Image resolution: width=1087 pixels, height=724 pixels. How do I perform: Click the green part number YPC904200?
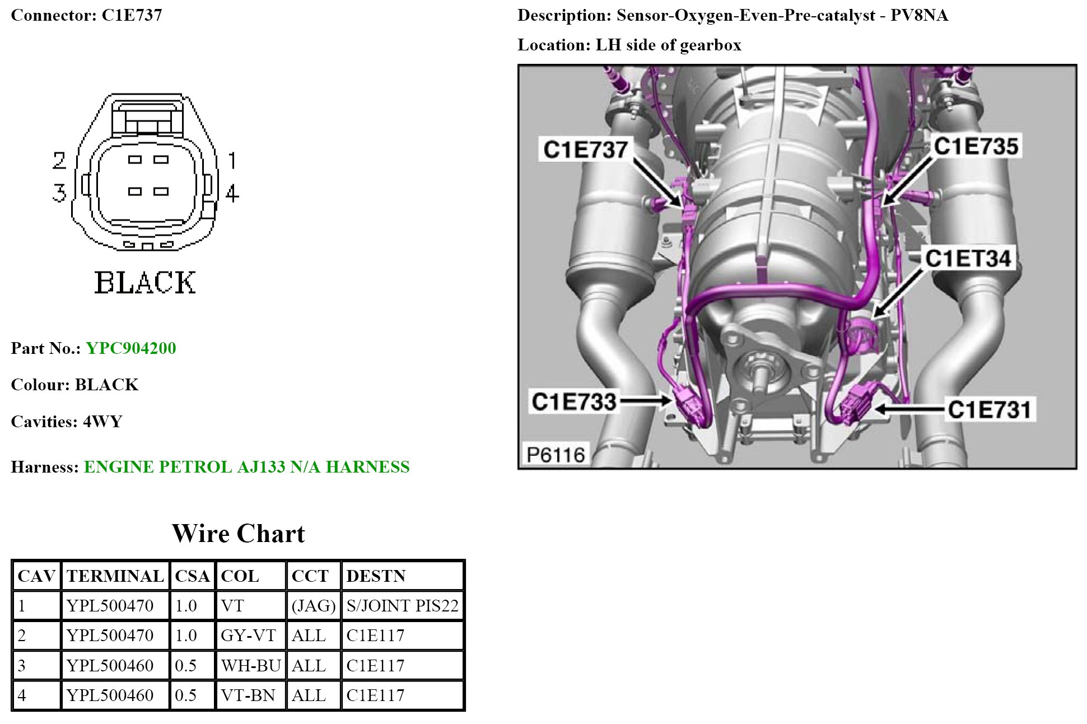(x=131, y=348)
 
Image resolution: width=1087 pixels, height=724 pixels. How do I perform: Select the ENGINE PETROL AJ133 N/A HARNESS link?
(x=246, y=467)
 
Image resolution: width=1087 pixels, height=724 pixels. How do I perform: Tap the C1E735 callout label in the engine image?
(x=976, y=147)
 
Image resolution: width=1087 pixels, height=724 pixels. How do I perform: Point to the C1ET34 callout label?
(x=968, y=259)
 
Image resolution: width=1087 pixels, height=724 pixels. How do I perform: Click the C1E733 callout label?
(x=574, y=401)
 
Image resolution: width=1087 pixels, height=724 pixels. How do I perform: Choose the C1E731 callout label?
(x=990, y=409)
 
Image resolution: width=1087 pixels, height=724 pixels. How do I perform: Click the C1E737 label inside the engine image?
(x=585, y=150)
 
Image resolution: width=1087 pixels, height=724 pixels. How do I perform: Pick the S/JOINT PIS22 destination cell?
(x=402, y=606)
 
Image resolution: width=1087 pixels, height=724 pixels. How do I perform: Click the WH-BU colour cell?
(x=250, y=666)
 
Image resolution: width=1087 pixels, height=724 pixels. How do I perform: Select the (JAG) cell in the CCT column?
(x=314, y=606)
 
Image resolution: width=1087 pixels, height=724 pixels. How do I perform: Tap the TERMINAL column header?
(x=115, y=576)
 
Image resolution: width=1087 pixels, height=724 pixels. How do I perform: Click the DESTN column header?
(x=375, y=576)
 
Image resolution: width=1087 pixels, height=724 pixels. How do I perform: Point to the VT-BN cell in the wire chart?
(x=248, y=695)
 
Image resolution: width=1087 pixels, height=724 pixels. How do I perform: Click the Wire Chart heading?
(x=239, y=534)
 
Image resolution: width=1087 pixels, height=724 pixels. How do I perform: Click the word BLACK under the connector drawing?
(x=145, y=283)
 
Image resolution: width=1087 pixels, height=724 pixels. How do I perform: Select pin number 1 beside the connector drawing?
(x=232, y=161)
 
